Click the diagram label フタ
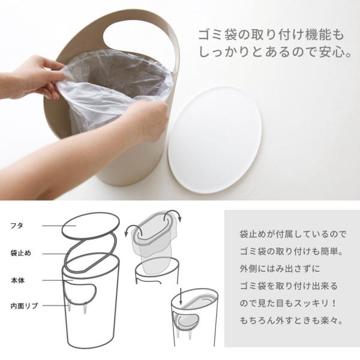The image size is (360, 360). pos(17,226)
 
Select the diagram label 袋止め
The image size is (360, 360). pos(20,253)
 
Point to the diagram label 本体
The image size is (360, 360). pos(17,280)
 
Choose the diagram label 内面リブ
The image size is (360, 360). pos(24,306)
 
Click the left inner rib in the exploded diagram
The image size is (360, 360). pos(69,305)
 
